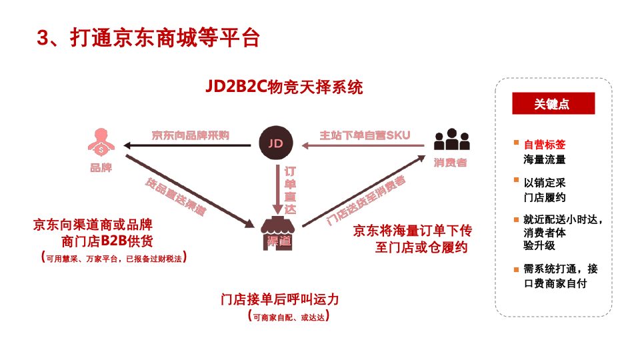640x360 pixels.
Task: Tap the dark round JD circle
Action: (275, 143)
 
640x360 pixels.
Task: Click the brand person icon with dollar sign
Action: (101, 142)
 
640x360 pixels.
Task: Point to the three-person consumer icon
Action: (451, 140)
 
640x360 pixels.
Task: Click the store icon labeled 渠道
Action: (278, 232)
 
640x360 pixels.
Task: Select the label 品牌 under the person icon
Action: (101, 168)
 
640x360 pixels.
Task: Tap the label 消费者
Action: (450, 163)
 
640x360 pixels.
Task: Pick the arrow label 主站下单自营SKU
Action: (365, 135)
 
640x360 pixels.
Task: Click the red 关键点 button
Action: (553, 104)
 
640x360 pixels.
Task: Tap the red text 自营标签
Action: (545, 145)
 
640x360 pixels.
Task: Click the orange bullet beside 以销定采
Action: (515, 180)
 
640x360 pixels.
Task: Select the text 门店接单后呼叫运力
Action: (285, 299)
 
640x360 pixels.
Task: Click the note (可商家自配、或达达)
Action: (288, 317)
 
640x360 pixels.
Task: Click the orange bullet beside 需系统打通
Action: (515, 269)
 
